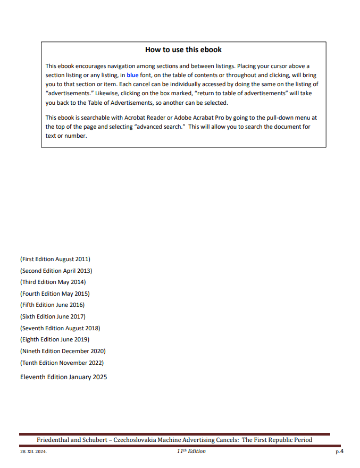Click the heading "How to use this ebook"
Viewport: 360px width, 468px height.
[183, 50]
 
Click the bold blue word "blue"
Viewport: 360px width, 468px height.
[132, 76]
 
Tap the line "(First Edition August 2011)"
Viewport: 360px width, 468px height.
[55, 260]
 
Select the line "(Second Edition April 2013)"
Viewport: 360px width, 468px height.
[56, 271]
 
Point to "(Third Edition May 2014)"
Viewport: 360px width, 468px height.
[53, 282]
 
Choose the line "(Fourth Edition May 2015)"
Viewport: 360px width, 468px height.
[55, 294]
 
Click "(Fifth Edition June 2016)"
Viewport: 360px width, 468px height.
[52, 305]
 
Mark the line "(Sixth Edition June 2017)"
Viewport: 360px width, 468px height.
[53, 316]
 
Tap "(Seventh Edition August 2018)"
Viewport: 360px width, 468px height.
[60, 328]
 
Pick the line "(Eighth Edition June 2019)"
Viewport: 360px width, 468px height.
[55, 339]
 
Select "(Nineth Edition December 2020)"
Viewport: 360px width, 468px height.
[63, 351]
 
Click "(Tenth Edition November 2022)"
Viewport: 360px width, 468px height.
[62, 363]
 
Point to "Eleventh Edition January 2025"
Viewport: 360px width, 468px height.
[63, 377]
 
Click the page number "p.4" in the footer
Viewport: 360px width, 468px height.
[339, 452]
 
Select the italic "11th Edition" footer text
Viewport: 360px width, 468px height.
[191, 452]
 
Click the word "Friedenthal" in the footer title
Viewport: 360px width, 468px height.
[55, 440]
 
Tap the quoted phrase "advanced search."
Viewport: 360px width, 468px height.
[160, 127]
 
